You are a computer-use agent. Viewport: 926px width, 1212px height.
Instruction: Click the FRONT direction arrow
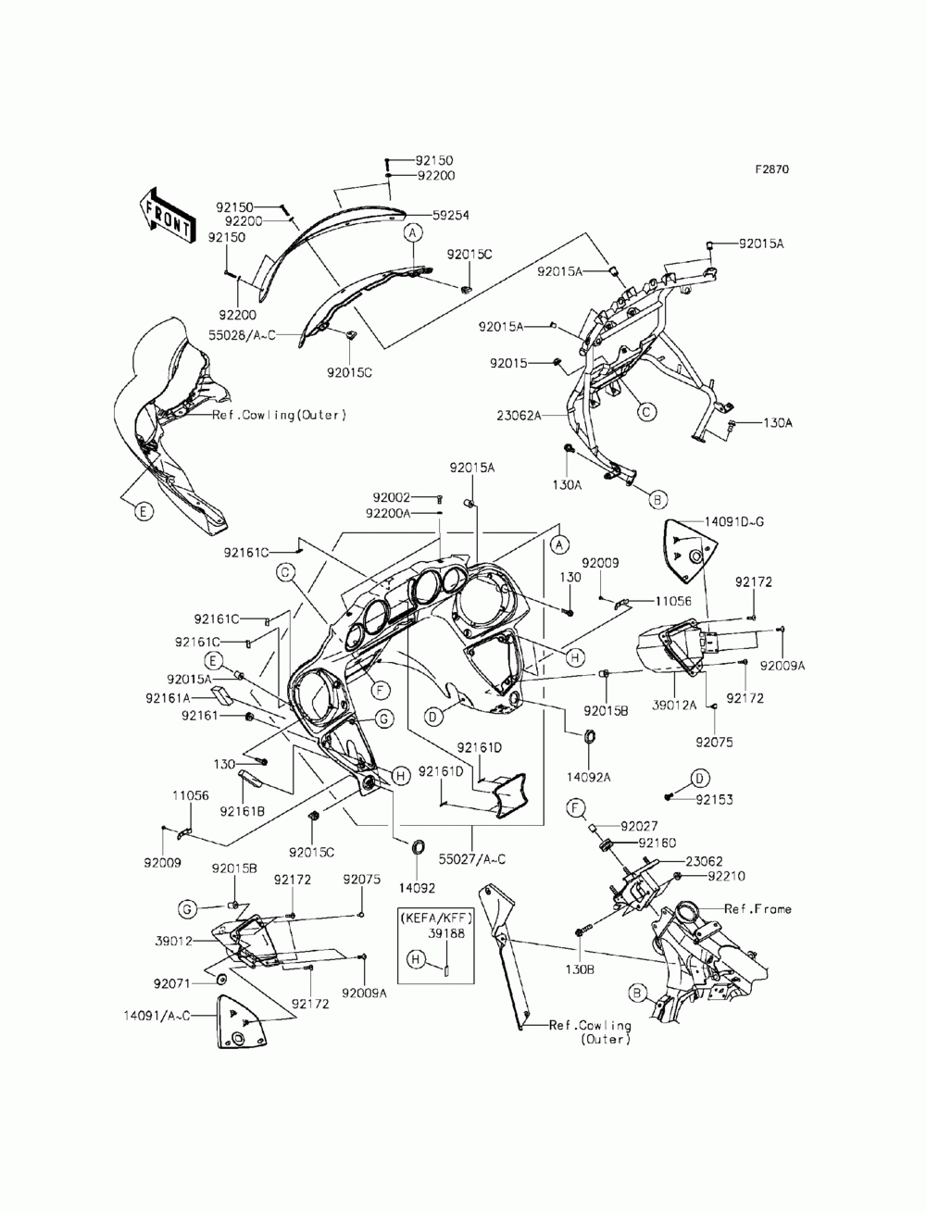pos(167,216)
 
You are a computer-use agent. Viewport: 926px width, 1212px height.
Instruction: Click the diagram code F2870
pos(771,169)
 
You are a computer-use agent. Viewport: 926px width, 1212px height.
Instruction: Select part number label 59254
pos(450,216)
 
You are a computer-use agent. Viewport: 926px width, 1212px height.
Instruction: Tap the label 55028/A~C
pos(242,335)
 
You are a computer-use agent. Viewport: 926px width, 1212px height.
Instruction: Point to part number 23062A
pos(519,416)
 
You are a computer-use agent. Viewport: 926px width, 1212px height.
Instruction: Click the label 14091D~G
pos(733,522)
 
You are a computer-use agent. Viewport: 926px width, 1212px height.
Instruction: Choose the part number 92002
pos(391,498)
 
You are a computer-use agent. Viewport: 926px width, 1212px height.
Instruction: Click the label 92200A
pos(388,514)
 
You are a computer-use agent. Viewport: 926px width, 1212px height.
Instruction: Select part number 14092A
pos(588,778)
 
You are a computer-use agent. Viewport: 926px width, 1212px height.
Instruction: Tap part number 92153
pos(714,800)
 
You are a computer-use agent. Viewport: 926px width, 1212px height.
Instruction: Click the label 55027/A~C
pos(471,859)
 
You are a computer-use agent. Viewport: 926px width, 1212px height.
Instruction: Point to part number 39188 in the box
pos(446,933)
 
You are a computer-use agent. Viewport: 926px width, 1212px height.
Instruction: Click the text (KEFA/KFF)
pos(435,918)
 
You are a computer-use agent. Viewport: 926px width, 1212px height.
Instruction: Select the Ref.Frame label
pos(757,909)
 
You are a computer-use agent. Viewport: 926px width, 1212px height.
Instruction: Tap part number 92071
pos(171,983)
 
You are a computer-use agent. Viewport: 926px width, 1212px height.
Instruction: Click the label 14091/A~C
pos(156,1015)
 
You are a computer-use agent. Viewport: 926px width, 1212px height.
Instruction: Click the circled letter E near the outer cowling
pos(143,511)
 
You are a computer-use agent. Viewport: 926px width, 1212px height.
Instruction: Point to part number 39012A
pos(674,706)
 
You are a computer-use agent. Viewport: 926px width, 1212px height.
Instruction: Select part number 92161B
pos(242,810)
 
